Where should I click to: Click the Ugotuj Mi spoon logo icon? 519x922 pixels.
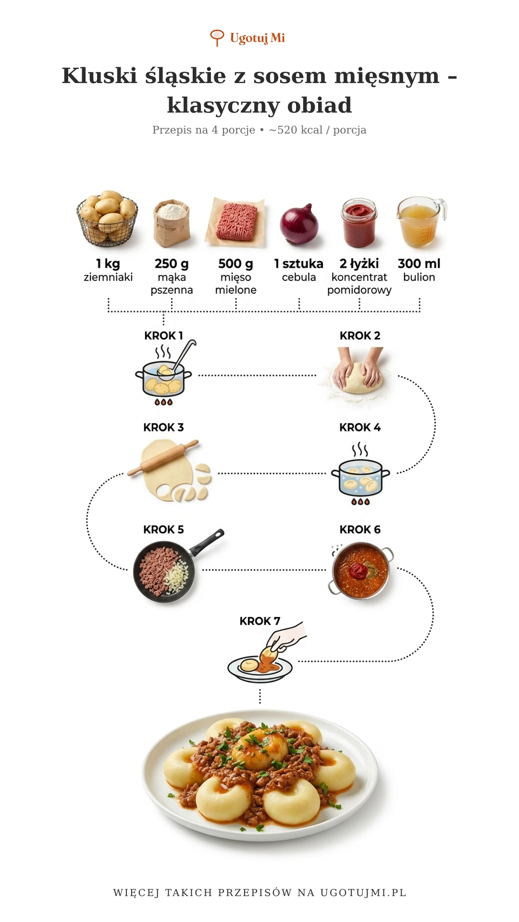point(217,37)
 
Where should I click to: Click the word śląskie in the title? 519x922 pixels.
point(185,76)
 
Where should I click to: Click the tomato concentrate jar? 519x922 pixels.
point(359,223)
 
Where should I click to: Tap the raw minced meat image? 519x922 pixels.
point(235,222)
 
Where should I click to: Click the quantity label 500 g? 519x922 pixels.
point(235,264)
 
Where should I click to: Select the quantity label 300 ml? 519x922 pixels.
point(419,264)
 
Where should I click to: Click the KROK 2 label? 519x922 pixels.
point(360,336)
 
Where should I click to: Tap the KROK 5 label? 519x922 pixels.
point(163,530)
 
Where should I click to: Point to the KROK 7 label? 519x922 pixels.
point(260,621)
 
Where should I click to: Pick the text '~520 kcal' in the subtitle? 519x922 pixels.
point(296,130)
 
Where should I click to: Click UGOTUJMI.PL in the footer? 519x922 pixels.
point(363,893)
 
